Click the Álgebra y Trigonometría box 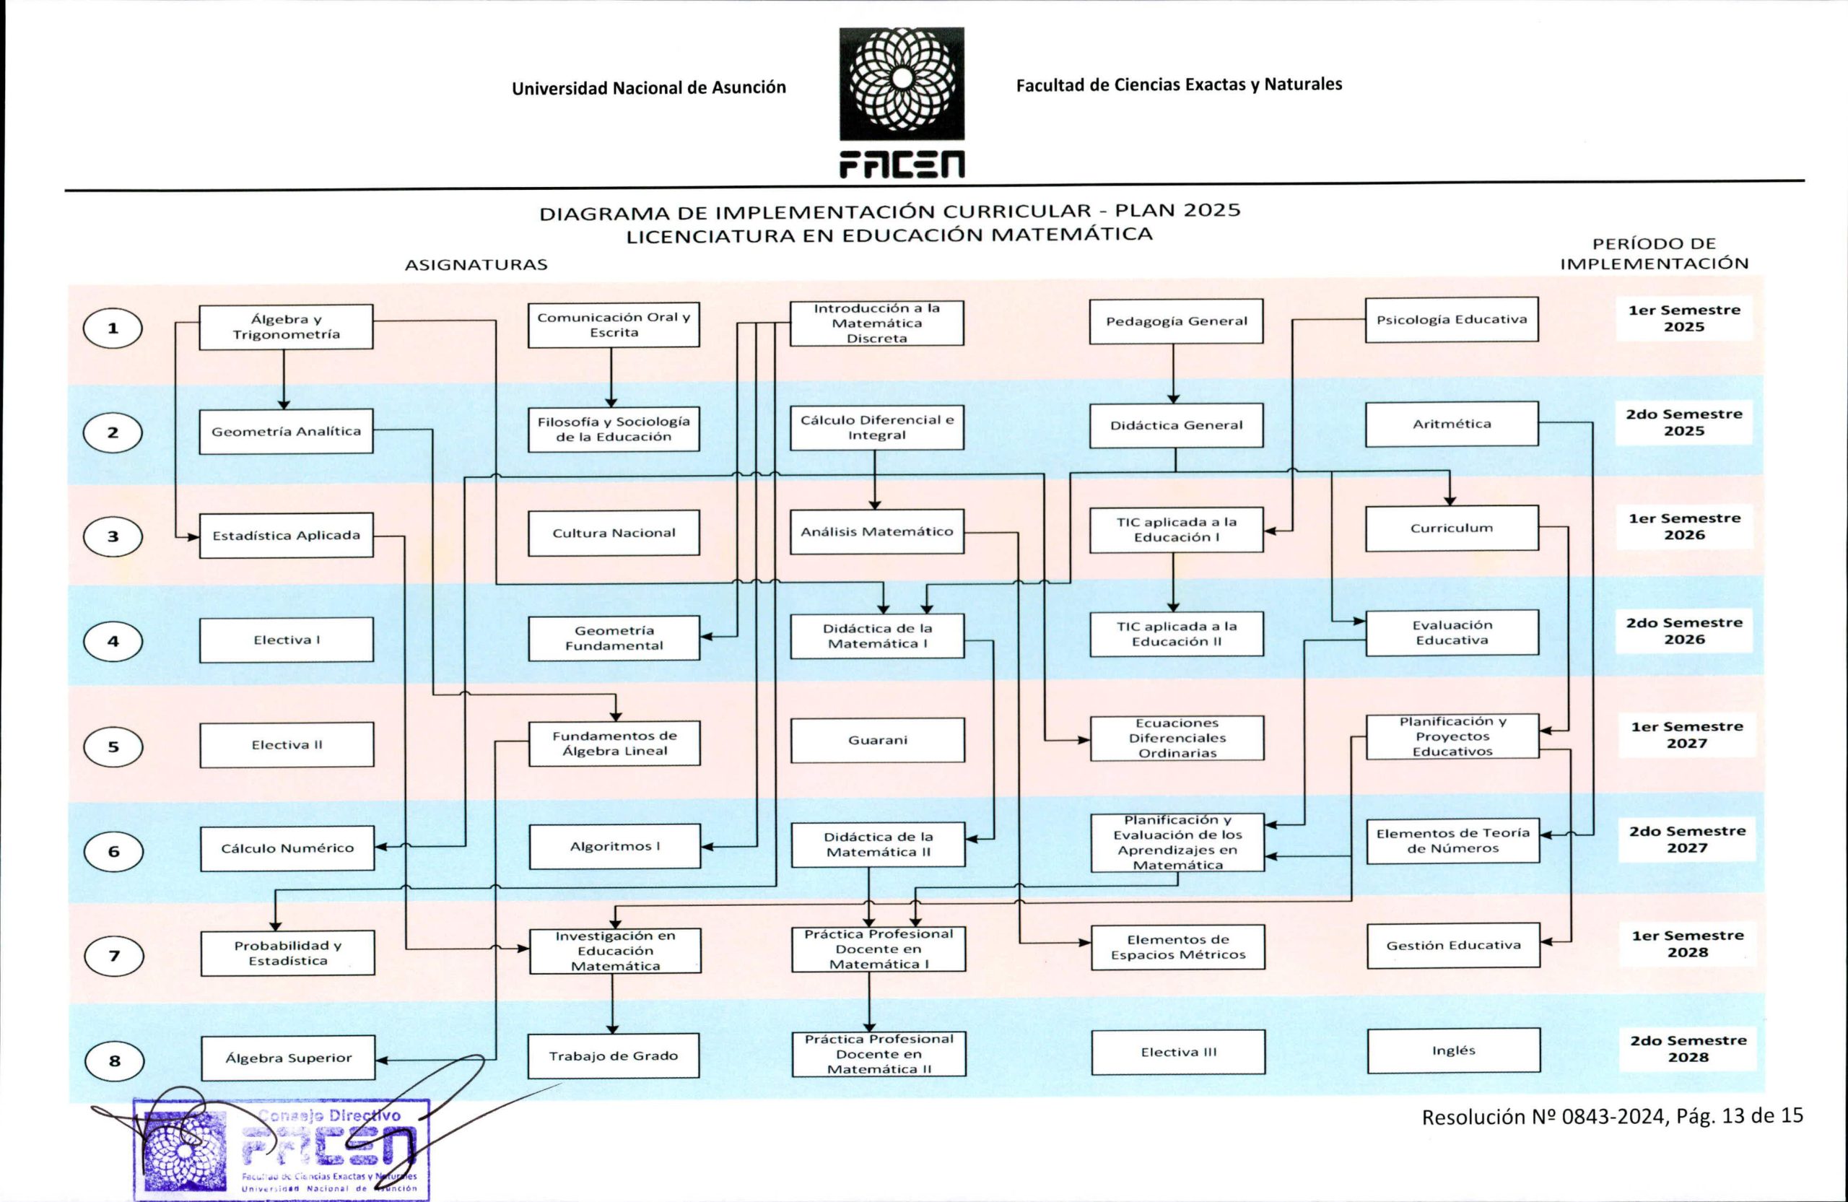point(286,327)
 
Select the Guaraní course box point(877,740)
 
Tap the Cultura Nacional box point(614,533)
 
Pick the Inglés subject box point(1454,1050)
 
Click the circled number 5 point(113,746)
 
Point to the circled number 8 point(114,1061)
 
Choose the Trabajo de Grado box point(614,1056)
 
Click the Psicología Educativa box point(1452,319)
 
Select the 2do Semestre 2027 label point(1687,840)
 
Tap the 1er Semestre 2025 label point(1684,318)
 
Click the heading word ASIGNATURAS point(476,265)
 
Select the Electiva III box point(1178,1052)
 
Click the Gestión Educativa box point(1454,945)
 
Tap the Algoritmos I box point(615,846)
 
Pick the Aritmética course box point(1452,424)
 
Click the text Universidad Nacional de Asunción point(649,88)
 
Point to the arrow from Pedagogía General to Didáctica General point(1173,373)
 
